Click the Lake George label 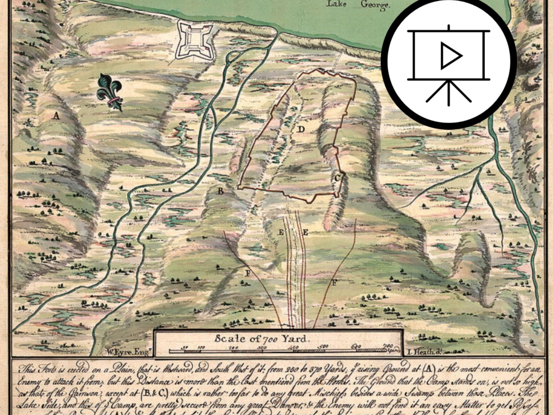(x=358, y=5)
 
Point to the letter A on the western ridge (x=56, y=116)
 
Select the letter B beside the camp (x=221, y=191)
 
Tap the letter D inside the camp (x=300, y=130)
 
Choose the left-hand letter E (x=281, y=232)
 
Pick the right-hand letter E (x=305, y=233)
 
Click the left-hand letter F (x=247, y=273)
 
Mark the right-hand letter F (x=335, y=282)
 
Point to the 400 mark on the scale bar (x=293, y=347)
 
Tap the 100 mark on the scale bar (x=201, y=347)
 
